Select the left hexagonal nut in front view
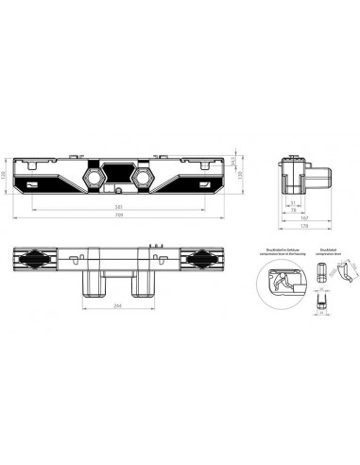click(x=95, y=177)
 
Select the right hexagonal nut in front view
click(x=144, y=177)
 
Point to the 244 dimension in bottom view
click(x=119, y=307)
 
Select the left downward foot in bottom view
click(x=93, y=282)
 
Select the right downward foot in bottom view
click(x=146, y=282)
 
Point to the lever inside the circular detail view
click(x=281, y=282)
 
